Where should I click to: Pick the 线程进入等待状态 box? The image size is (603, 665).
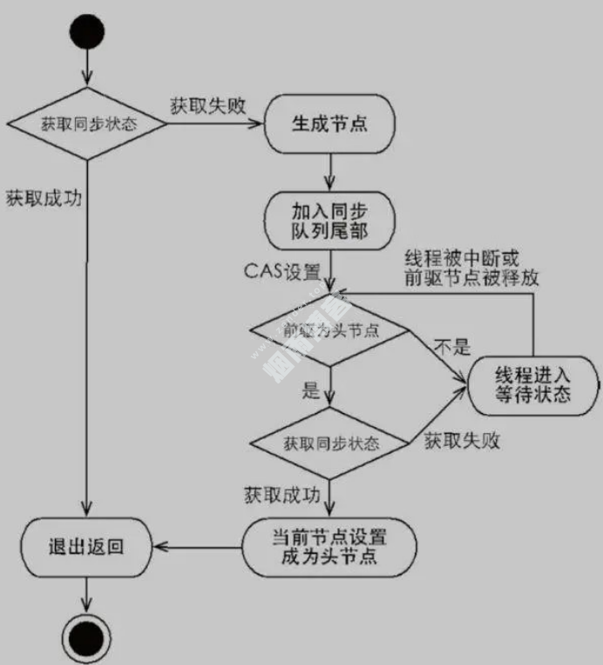[533, 384]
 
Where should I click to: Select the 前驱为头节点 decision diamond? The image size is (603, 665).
[329, 330]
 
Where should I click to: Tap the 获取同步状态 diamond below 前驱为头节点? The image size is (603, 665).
[330, 442]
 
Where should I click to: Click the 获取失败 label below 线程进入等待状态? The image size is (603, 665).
[463, 441]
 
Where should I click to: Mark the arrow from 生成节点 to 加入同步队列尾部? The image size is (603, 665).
[329, 172]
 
